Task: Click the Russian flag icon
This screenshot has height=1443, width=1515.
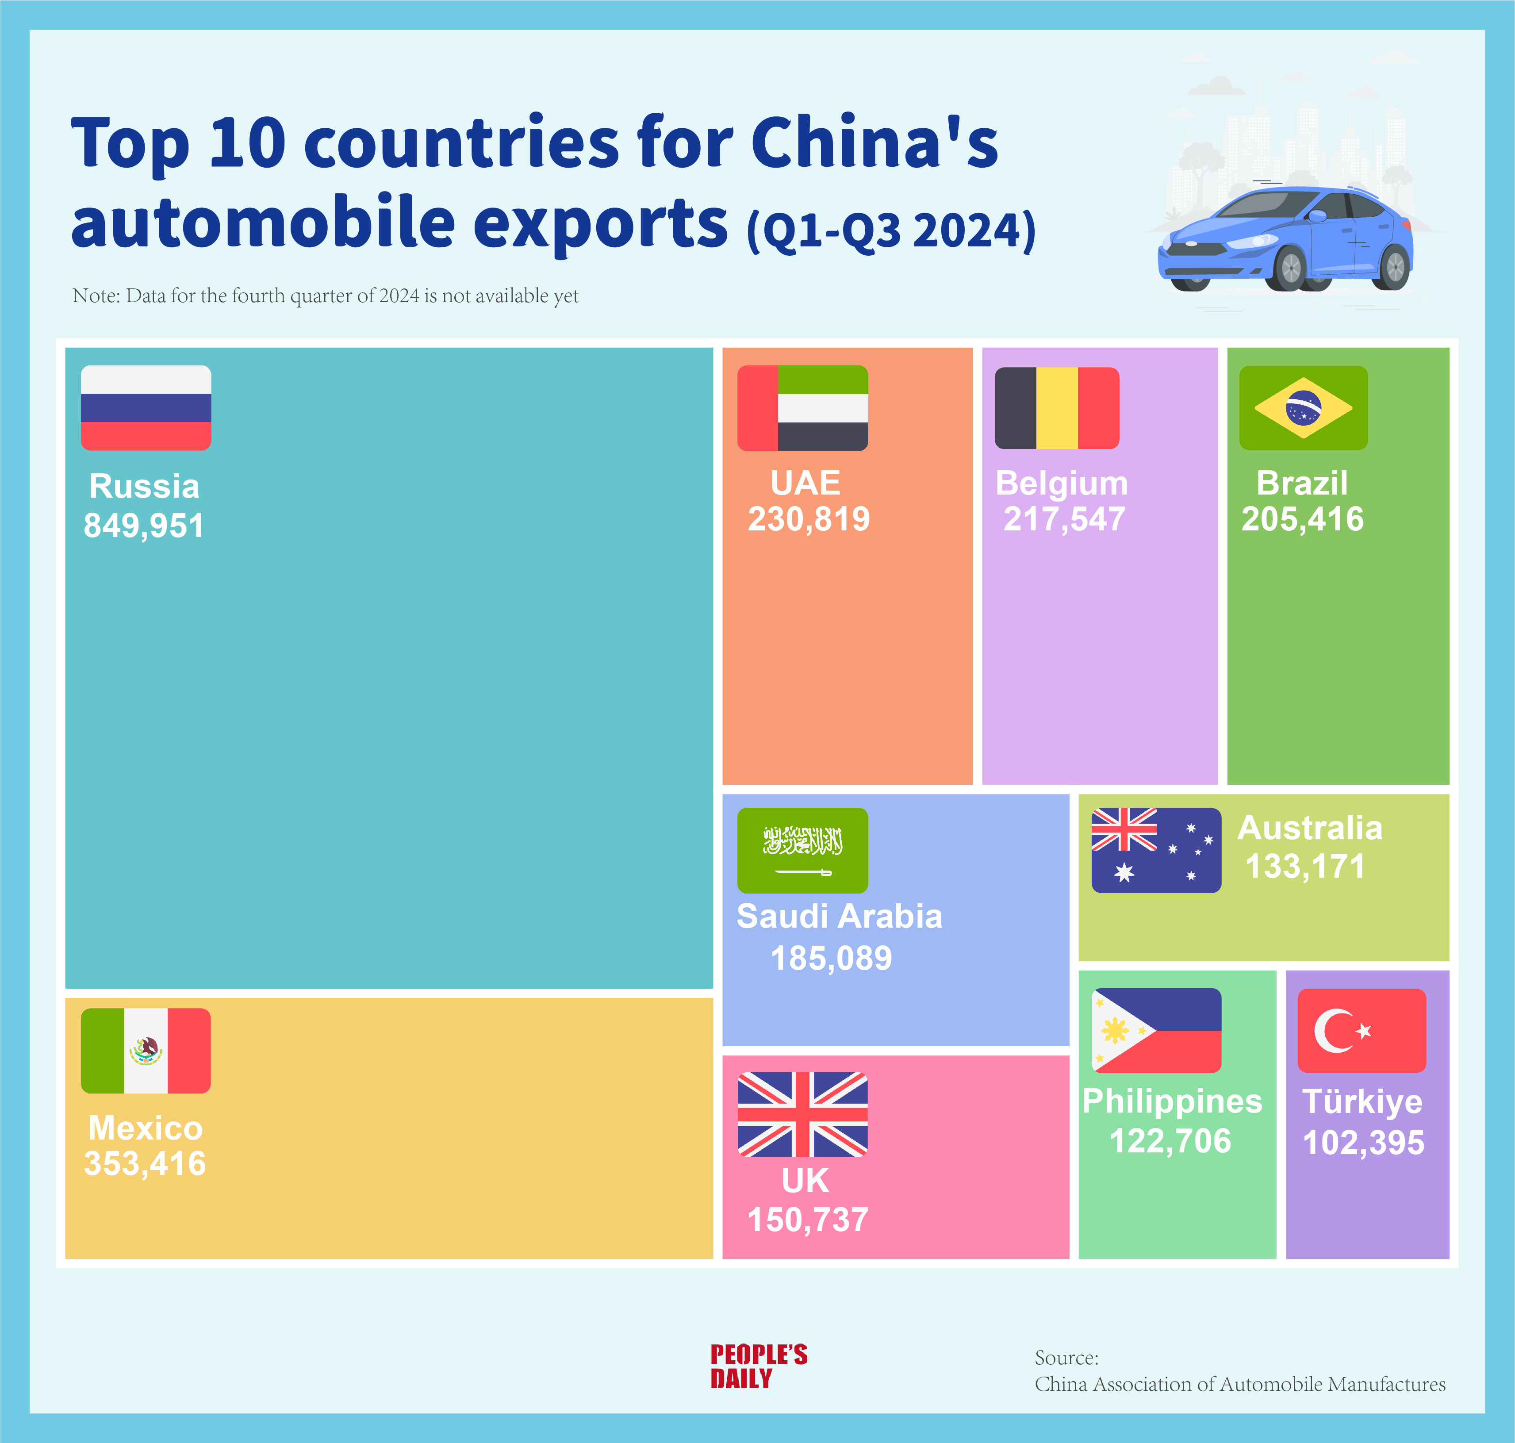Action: tap(146, 408)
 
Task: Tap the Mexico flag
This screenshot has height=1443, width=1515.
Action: tap(146, 1051)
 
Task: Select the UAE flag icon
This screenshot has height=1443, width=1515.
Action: tap(803, 408)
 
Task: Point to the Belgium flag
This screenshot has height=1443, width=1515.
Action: tap(1057, 408)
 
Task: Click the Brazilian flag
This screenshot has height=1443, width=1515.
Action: tap(1304, 408)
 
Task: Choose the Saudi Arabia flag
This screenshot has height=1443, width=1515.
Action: tap(803, 850)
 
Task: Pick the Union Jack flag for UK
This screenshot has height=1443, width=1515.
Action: tap(803, 1115)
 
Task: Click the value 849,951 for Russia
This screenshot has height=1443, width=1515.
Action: tap(144, 526)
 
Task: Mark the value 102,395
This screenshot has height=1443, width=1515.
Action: tap(1363, 1142)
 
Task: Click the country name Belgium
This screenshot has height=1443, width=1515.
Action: tap(1062, 483)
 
